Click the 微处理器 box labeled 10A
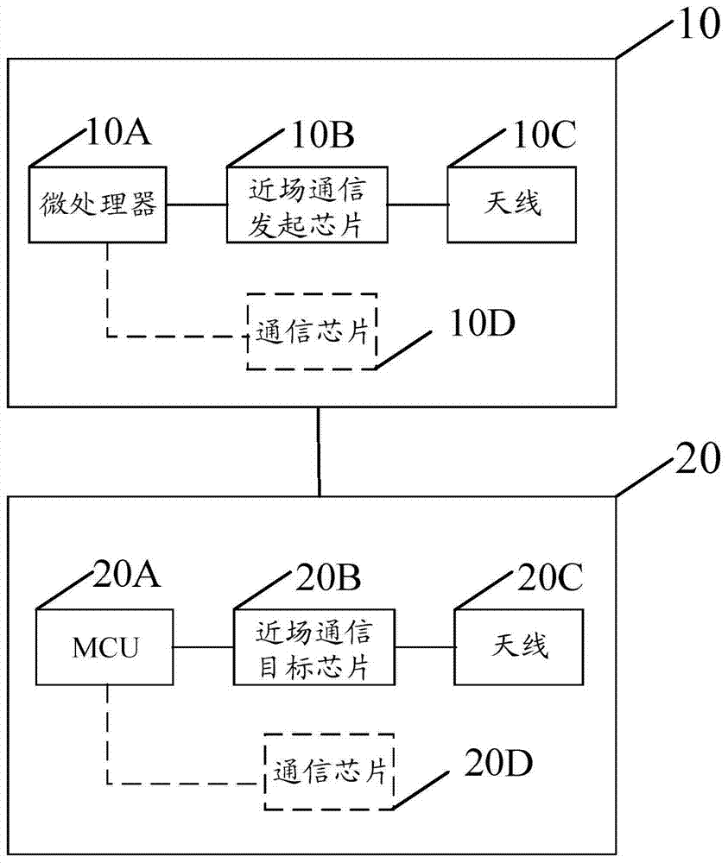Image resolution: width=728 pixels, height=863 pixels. [x=98, y=204]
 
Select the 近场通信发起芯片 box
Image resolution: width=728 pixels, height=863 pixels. [x=308, y=205]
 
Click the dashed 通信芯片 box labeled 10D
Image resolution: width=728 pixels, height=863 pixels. [x=312, y=331]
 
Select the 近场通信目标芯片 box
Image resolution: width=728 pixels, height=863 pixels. [x=314, y=647]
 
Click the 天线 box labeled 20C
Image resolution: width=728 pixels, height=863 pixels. [x=522, y=647]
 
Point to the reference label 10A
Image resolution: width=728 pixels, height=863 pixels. [x=119, y=135]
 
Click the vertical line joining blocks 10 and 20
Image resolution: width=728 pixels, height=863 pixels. [x=319, y=450]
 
